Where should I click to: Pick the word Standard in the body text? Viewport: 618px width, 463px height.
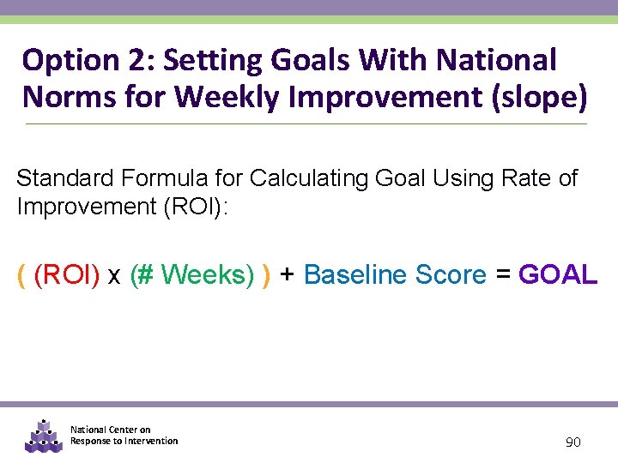[67, 178]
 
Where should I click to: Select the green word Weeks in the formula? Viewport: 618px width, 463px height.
[207, 274]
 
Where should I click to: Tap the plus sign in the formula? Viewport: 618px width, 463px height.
[288, 274]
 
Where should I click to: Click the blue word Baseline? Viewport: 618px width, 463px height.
[355, 274]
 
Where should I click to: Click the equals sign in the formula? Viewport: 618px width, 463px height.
[503, 274]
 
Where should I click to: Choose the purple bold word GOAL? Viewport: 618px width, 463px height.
[558, 274]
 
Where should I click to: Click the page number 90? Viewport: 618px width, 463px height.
[573, 442]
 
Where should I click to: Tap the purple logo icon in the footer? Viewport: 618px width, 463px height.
[42, 435]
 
